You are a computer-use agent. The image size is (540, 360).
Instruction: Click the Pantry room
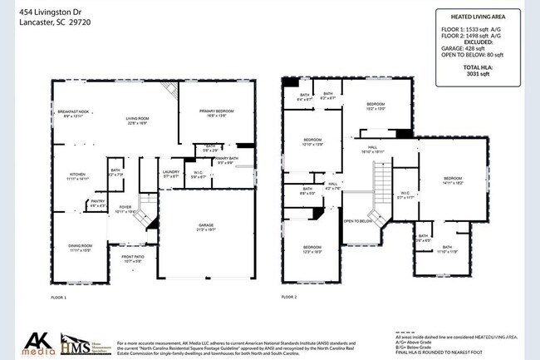tap(97, 202)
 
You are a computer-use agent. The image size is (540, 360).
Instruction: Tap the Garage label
tap(205, 228)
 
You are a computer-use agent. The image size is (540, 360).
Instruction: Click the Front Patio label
tap(133, 259)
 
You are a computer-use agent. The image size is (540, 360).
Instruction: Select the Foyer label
tap(125, 210)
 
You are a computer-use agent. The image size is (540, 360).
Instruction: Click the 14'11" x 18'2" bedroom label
tap(452, 181)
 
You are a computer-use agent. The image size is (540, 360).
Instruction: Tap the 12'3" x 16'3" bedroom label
tap(312, 249)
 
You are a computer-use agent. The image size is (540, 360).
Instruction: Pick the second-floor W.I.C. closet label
tap(405, 196)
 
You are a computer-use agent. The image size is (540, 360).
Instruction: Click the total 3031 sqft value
tap(477, 73)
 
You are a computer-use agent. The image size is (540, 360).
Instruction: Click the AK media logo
tap(37, 342)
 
